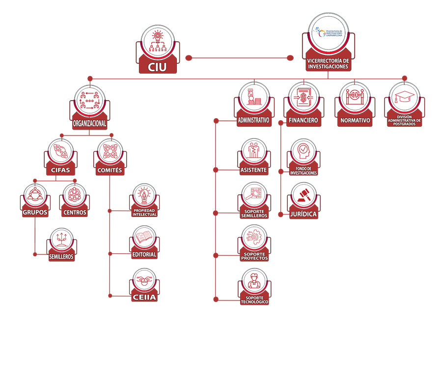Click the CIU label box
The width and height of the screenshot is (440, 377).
[157, 66]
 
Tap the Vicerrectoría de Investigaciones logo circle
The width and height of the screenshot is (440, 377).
[329, 32]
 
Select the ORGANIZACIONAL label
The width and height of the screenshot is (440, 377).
[89, 124]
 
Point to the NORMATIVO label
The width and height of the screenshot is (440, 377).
[355, 120]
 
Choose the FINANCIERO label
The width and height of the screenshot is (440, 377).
[303, 120]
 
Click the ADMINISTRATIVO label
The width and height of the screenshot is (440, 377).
[253, 120]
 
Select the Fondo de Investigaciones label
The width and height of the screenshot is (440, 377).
[303, 171]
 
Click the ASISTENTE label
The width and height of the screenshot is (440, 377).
[254, 170]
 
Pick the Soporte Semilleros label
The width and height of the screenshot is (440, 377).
[254, 214]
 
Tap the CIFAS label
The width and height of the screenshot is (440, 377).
[60, 170]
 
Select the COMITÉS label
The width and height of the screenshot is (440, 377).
[110, 170]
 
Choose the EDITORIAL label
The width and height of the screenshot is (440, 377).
[144, 254]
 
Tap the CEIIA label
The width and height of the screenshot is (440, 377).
[144, 296]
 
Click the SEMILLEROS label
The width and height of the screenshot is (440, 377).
[61, 256]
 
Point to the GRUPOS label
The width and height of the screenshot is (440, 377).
[35, 213]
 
